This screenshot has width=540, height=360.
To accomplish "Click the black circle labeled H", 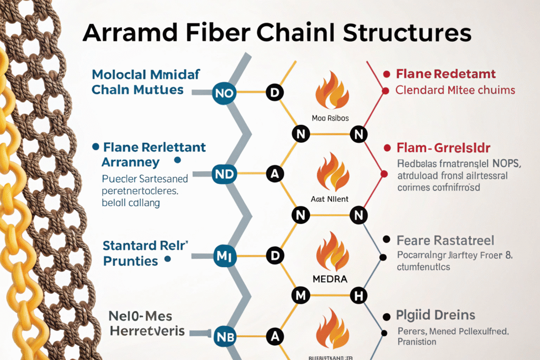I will pos(359,296).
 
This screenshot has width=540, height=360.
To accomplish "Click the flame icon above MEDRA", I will pos(331,251).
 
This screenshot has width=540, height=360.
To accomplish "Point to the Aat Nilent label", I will pos(330,200).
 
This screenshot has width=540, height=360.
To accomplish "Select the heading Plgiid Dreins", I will pos(436,316).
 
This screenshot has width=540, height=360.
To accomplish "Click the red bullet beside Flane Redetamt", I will pos(386,74).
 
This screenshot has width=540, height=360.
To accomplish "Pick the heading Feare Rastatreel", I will pos(445,241).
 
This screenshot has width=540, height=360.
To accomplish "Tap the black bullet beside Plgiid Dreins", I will pos(386,315).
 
